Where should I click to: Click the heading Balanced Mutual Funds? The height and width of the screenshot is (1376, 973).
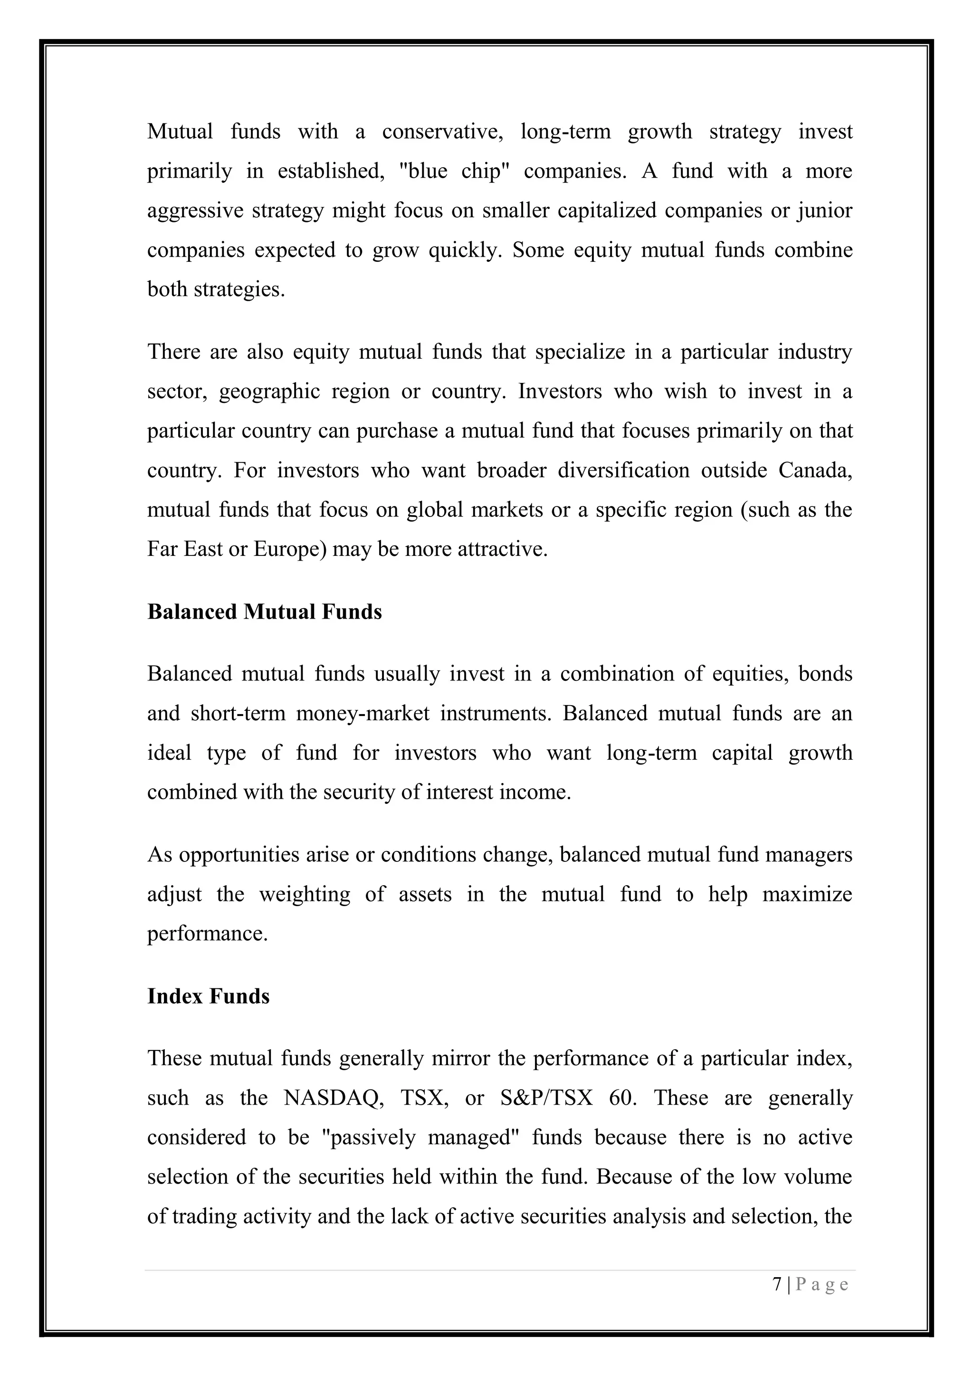(x=264, y=612)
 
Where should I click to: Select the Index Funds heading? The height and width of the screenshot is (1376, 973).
(x=208, y=996)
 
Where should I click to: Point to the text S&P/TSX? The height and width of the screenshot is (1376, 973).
(x=546, y=1098)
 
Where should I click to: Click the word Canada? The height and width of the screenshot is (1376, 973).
(x=814, y=470)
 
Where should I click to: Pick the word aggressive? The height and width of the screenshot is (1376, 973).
(x=195, y=211)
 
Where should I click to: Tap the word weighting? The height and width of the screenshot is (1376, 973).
(x=305, y=894)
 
